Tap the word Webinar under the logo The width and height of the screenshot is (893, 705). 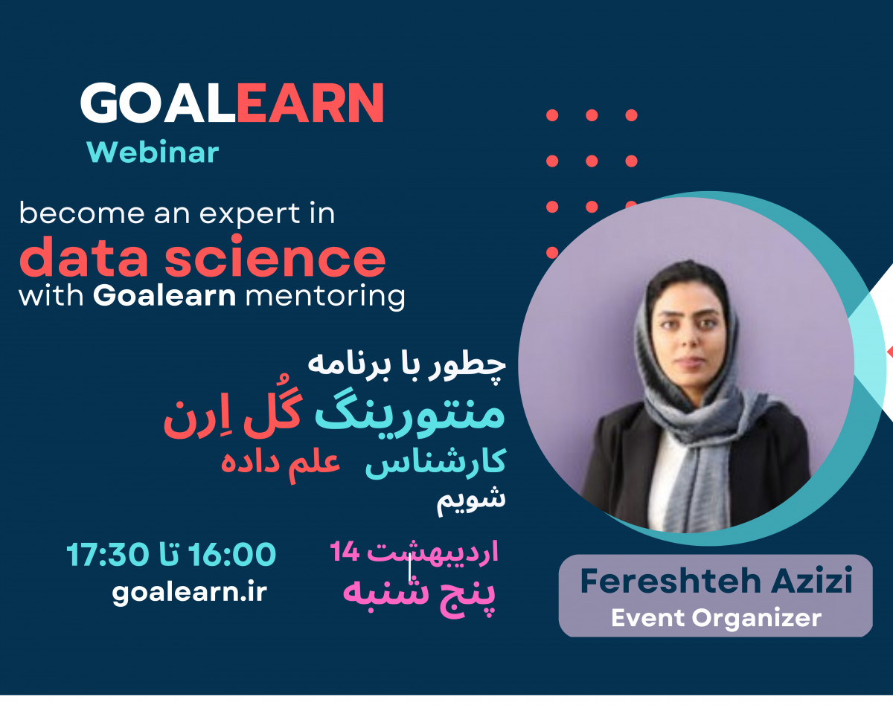point(153,152)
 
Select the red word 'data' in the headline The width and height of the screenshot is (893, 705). point(86,257)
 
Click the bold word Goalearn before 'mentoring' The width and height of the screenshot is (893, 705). point(164,296)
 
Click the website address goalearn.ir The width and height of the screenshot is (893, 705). point(190,593)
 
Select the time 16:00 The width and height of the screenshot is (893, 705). point(232,554)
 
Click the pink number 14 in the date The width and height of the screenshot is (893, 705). point(345,551)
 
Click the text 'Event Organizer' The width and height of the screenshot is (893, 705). point(716,617)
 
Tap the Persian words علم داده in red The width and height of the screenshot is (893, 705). point(280,461)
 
